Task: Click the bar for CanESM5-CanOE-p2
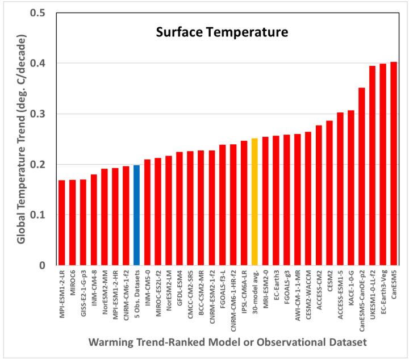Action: [x=361, y=177]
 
